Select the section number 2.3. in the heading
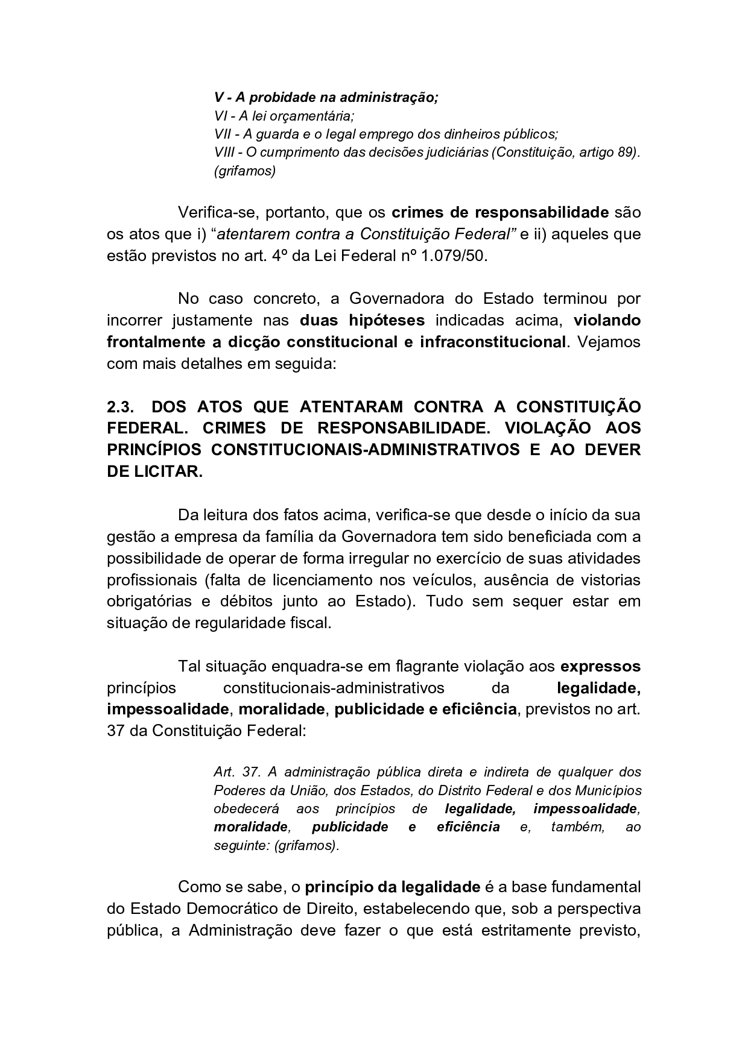click(x=120, y=406)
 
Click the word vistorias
click(x=607, y=580)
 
